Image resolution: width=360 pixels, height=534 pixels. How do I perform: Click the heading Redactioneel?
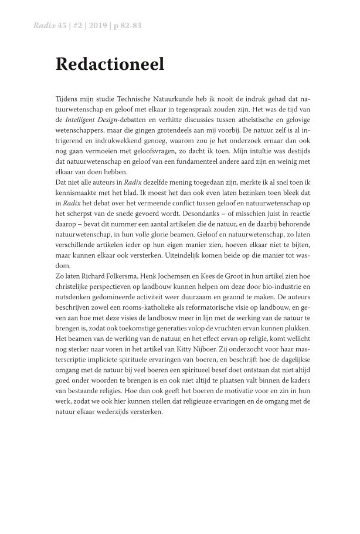point(110,64)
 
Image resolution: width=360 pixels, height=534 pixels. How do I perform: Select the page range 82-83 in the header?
point(130,26)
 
